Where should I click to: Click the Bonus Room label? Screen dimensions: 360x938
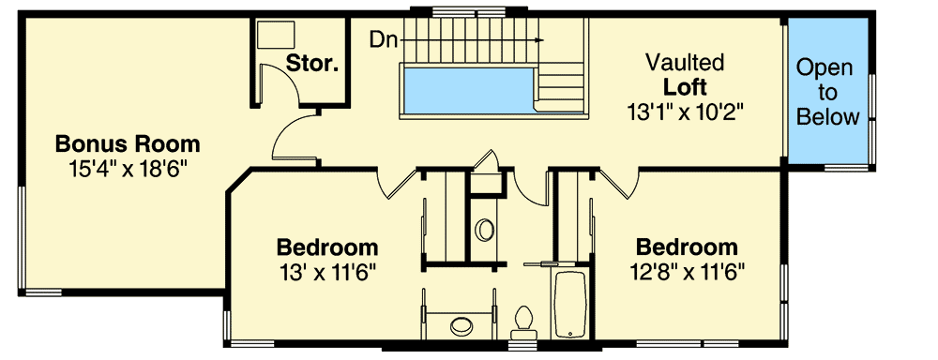pyautogui.click(x=128, y=144)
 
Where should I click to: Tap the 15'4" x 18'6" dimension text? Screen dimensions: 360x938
pyautogui.click(x=128, y=170)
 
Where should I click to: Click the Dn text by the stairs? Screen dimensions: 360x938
pyautogui.click(x=381, y=39)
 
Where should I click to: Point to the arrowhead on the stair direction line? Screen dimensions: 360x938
pyautogui.click(x=540, y=40)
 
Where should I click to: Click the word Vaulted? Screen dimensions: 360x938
pyautogui.click(x=685, y=63)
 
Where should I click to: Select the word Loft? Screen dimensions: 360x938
pyautogui.click(x=685, y=87)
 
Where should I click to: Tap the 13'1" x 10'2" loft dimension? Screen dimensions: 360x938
pyautogui.click(x=685, y=112)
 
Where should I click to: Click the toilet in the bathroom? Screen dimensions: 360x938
pyautogui.click(x=523, y=322)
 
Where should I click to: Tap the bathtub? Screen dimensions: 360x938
pyautogui.click(x=569, y=304)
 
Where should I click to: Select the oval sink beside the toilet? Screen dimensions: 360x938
pyautogui.click(x=461, y=326)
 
